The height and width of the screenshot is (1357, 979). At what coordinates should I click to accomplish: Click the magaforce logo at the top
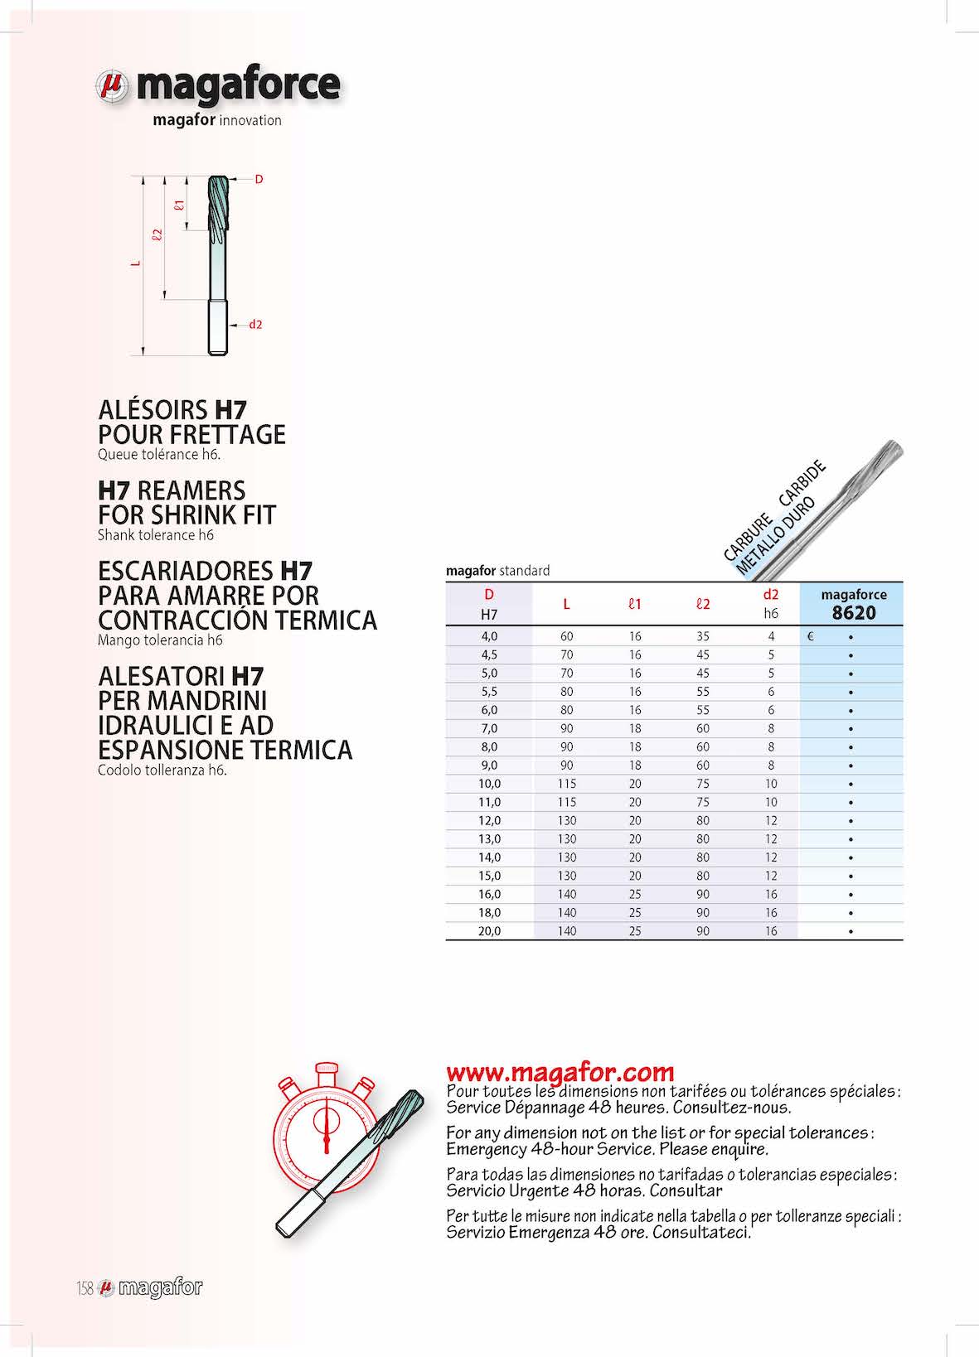click(x=217, y=86)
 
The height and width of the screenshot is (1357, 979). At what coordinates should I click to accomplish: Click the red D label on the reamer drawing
click(x=259, y=179)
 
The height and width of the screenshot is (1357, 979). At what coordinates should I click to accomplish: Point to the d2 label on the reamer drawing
click(x=255, y=325)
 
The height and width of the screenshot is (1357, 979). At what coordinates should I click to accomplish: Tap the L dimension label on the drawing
click(x=136, y=264)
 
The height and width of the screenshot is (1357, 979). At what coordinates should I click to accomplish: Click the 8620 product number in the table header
click(x=853, y=613)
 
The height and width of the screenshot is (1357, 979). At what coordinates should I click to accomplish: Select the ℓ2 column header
click(x=703, y=604)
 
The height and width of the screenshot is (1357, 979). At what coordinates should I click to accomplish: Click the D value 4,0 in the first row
click(x=489, y=637)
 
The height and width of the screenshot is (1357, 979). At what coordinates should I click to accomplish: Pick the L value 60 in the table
click(x=566, y=637)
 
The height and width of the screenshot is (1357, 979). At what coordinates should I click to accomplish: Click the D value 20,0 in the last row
click(x=489, y=931)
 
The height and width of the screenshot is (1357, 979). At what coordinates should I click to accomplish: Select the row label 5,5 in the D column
click(x=489, y=692)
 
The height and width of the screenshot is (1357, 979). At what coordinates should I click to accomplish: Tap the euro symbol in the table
click(x=810, y=637)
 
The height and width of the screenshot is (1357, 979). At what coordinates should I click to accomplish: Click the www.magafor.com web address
click(x=560, y=1072)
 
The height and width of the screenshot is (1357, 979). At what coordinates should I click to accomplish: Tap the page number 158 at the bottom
click(x=84, y=1288)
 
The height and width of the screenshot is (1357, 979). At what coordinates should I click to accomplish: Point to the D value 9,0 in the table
click(x=489, y=765)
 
